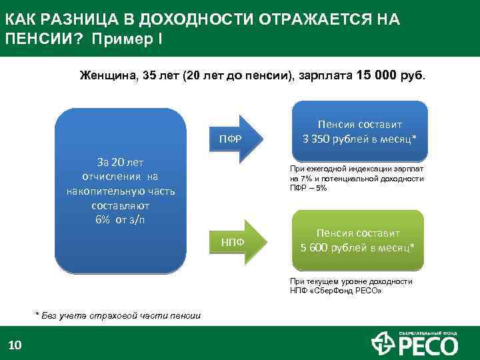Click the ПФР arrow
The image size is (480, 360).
[233, 139]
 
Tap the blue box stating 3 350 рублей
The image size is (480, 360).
[360, 132]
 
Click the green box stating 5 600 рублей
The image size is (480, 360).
[359, 241]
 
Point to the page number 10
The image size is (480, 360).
[15, 345]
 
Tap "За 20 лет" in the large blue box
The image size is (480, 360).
[121, 162]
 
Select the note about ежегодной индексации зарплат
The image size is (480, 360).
[357, 179]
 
